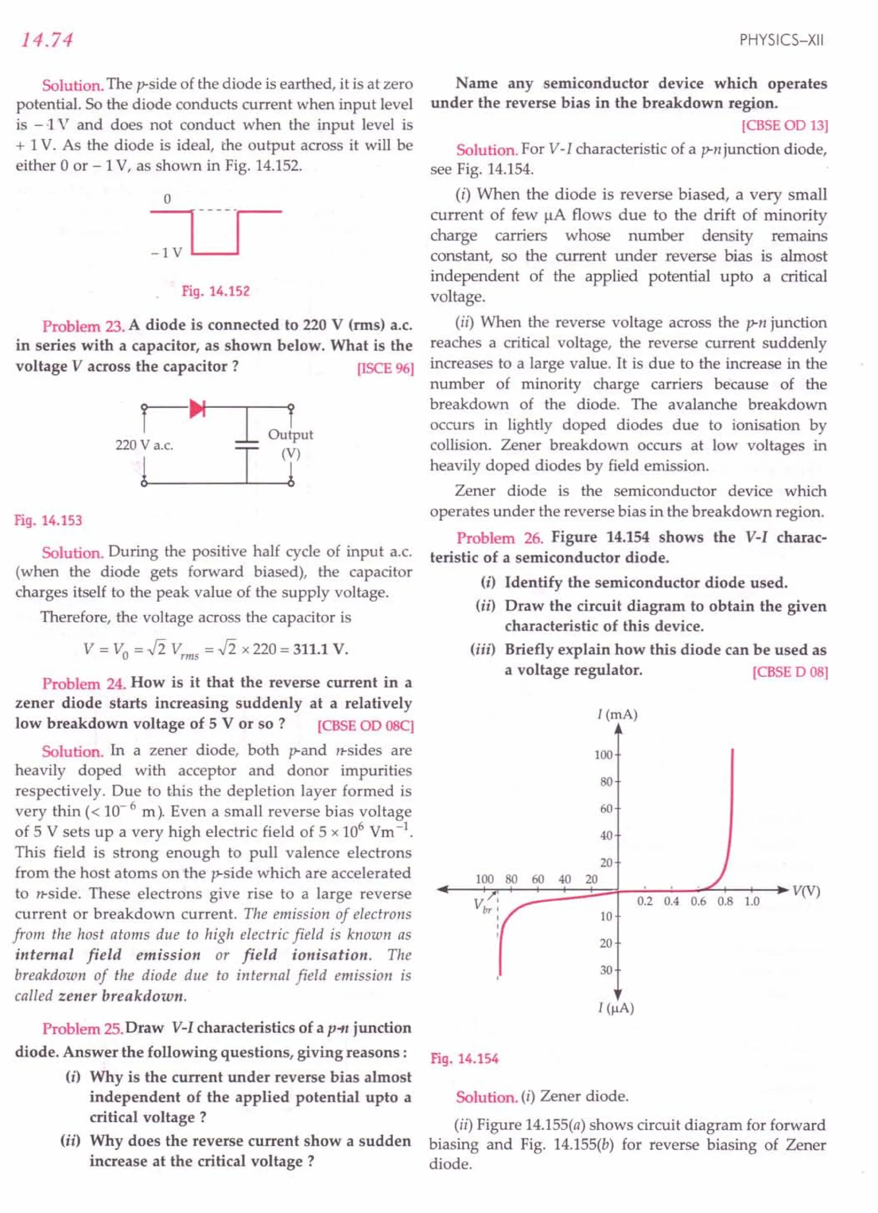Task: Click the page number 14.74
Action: click(47, 40)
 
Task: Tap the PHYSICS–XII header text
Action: click(781, 41)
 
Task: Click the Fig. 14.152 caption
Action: click(216, 292)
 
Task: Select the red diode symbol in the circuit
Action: click(197, 409)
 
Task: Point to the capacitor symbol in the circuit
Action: click(247, 445)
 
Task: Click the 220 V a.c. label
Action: click(144, 445)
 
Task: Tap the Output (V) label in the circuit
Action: click(290, 444)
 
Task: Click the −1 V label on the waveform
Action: click(167, 253)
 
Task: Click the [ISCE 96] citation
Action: click(385, 368)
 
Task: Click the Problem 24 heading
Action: click(84, 684)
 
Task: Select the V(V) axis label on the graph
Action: click(806, 890)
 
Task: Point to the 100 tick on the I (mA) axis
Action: click(603, 754)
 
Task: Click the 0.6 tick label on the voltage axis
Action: click(698, 902)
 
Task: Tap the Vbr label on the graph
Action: click(482, 905)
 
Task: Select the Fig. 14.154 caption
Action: click(464, 1059)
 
